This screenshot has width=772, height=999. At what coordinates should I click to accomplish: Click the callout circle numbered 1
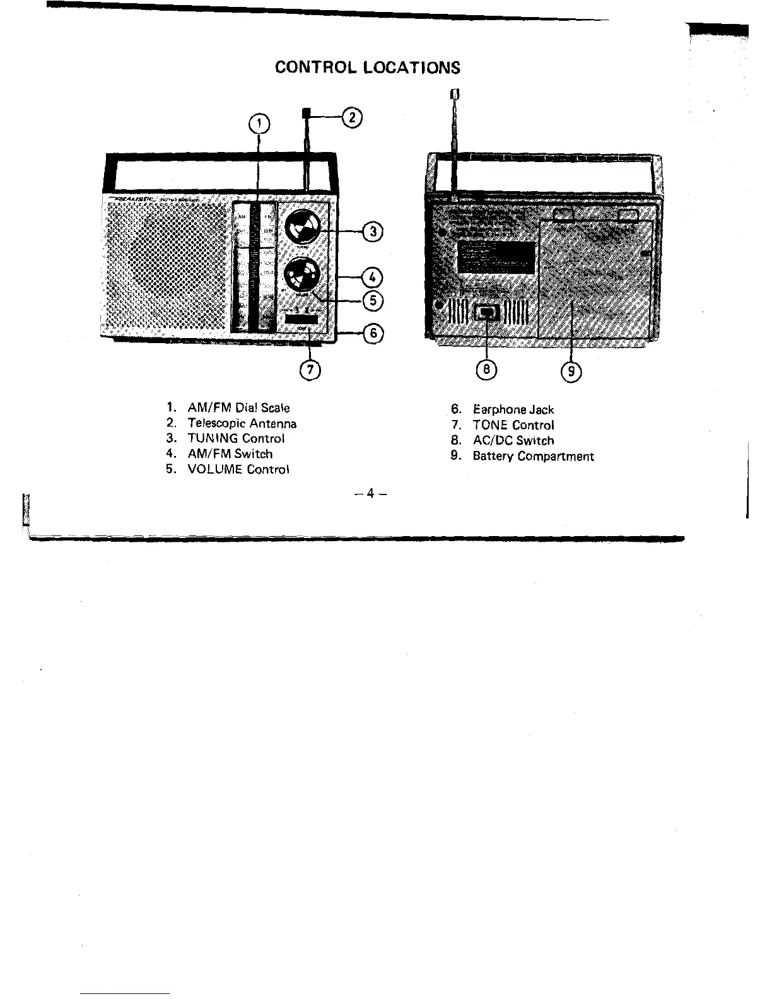pyautogui.click(x=259, y=123)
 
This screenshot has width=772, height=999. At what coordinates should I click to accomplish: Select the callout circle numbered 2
pyautogui.click(x=352, y=117)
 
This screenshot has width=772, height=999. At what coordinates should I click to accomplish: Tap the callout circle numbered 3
pyautogui.click(x=373, y=232)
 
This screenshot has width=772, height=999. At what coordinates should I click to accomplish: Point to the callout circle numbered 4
pyautogui.click(x=373, y=276)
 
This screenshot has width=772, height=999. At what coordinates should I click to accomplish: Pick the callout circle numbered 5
pyautogui.click(x=373, y=301)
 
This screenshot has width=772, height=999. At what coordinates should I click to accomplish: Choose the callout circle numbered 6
pyautogui.click(x=373, y=333)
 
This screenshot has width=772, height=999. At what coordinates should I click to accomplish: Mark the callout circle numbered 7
pyautogui.click(x=310, y=370)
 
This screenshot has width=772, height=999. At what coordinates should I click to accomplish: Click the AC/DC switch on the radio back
pyautogui.click(x=488, y=312)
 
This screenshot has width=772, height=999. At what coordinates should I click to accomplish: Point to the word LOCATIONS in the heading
pyautogui.click(x=412, y=67)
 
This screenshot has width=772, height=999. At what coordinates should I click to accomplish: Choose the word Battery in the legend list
pyautogui.click(x=493, y=456)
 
